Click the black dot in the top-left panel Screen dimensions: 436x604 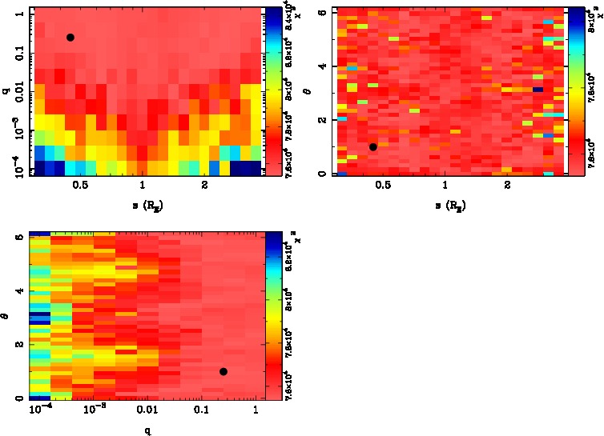pyautogui.click(x=70, y=38)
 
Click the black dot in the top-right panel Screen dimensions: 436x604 pyautogui.click(x=373, y=146)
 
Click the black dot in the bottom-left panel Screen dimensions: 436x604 pyautogui.click(x=223, y=371)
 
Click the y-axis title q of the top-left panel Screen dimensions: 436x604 pyautogui.click(x=6, y=92)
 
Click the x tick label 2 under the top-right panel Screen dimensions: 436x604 pyautogui.click(x=507, y=190)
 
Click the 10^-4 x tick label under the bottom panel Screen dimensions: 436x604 pyautogui.click(x=38, y=411)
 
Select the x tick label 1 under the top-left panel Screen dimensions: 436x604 pyautogui.click(x=143, y=190)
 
